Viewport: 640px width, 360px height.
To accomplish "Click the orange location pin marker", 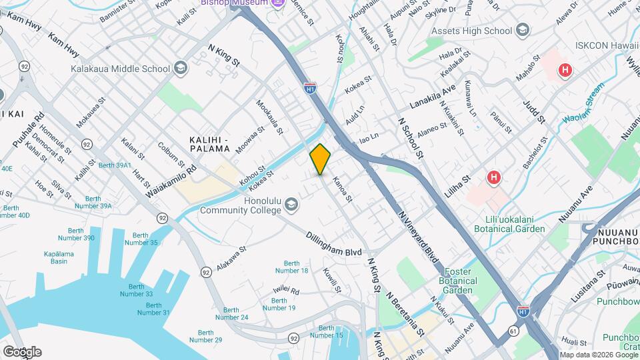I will coord(320,159).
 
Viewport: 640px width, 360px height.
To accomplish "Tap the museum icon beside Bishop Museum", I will coord(278,2).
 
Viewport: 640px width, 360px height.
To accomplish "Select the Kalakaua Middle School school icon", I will coord(180,68).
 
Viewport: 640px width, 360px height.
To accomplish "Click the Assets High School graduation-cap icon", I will coord(522,31).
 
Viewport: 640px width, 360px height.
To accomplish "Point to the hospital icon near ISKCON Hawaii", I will coord(565,69).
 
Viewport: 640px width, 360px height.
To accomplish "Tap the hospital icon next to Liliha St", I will coord(493,177).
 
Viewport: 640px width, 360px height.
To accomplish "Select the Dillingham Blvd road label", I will coord(334,245).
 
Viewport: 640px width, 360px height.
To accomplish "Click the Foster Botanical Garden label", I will coord(459,281).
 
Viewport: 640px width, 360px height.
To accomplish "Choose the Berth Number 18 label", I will coord(295,267).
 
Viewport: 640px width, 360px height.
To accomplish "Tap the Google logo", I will coord(22,351).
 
